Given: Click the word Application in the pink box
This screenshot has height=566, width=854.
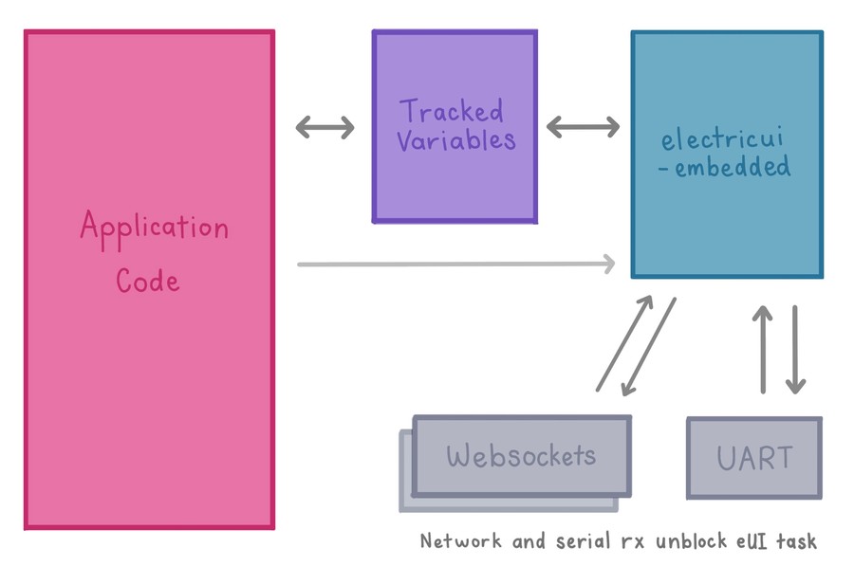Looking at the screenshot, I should click(154, 228).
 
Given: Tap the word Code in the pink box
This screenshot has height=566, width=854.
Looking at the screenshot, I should click(148, 280).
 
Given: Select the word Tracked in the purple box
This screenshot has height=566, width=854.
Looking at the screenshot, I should click(451, 111).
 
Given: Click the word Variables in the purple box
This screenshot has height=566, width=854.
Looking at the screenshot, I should click(455, 141).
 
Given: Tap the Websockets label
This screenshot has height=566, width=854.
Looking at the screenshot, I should click(521, 456).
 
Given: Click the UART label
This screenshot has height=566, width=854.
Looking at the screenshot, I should click(754, 459).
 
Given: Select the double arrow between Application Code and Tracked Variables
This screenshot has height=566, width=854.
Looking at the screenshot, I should click(325, 126).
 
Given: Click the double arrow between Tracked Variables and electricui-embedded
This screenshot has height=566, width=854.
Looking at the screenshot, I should click(583, 126).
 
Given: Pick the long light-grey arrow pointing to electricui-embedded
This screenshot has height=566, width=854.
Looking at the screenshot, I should click(456, 264).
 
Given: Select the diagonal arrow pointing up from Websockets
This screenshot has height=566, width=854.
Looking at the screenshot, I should click(624, 343).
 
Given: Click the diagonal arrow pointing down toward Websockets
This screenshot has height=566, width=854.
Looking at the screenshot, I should click(647, 348).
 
